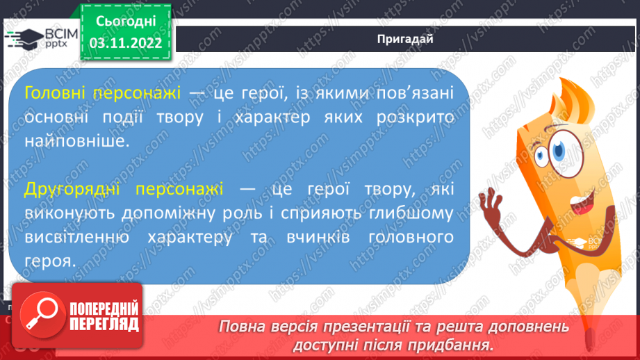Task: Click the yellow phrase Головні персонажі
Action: point(102,93)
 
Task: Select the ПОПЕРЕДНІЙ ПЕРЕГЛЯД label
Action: point(104,316)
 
